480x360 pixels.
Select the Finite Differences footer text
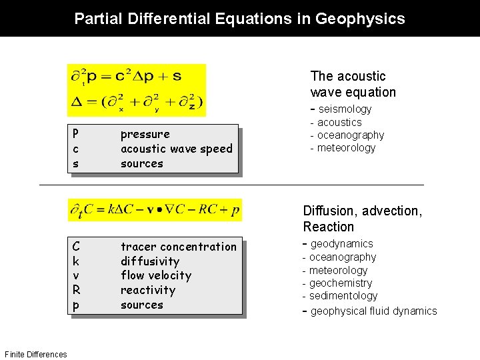coord(35,354)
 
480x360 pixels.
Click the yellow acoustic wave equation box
coord(137,89)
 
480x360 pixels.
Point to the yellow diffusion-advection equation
coord(155,210)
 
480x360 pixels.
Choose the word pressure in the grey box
coord(145,135)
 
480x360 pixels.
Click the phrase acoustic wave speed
coord(176,149)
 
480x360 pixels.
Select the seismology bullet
coord(345,109)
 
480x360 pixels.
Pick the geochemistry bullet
coord(341,283)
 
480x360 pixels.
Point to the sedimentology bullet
coord(343,296)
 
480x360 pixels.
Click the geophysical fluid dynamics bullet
coord(373,311)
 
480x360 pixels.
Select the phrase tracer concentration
coord(178,247)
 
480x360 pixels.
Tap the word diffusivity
coord(149,261)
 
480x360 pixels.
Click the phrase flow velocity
coord(155,275)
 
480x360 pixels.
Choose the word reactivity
coord(147,290)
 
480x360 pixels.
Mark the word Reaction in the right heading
coord(328,227)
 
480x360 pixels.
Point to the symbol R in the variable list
coord(76,290)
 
